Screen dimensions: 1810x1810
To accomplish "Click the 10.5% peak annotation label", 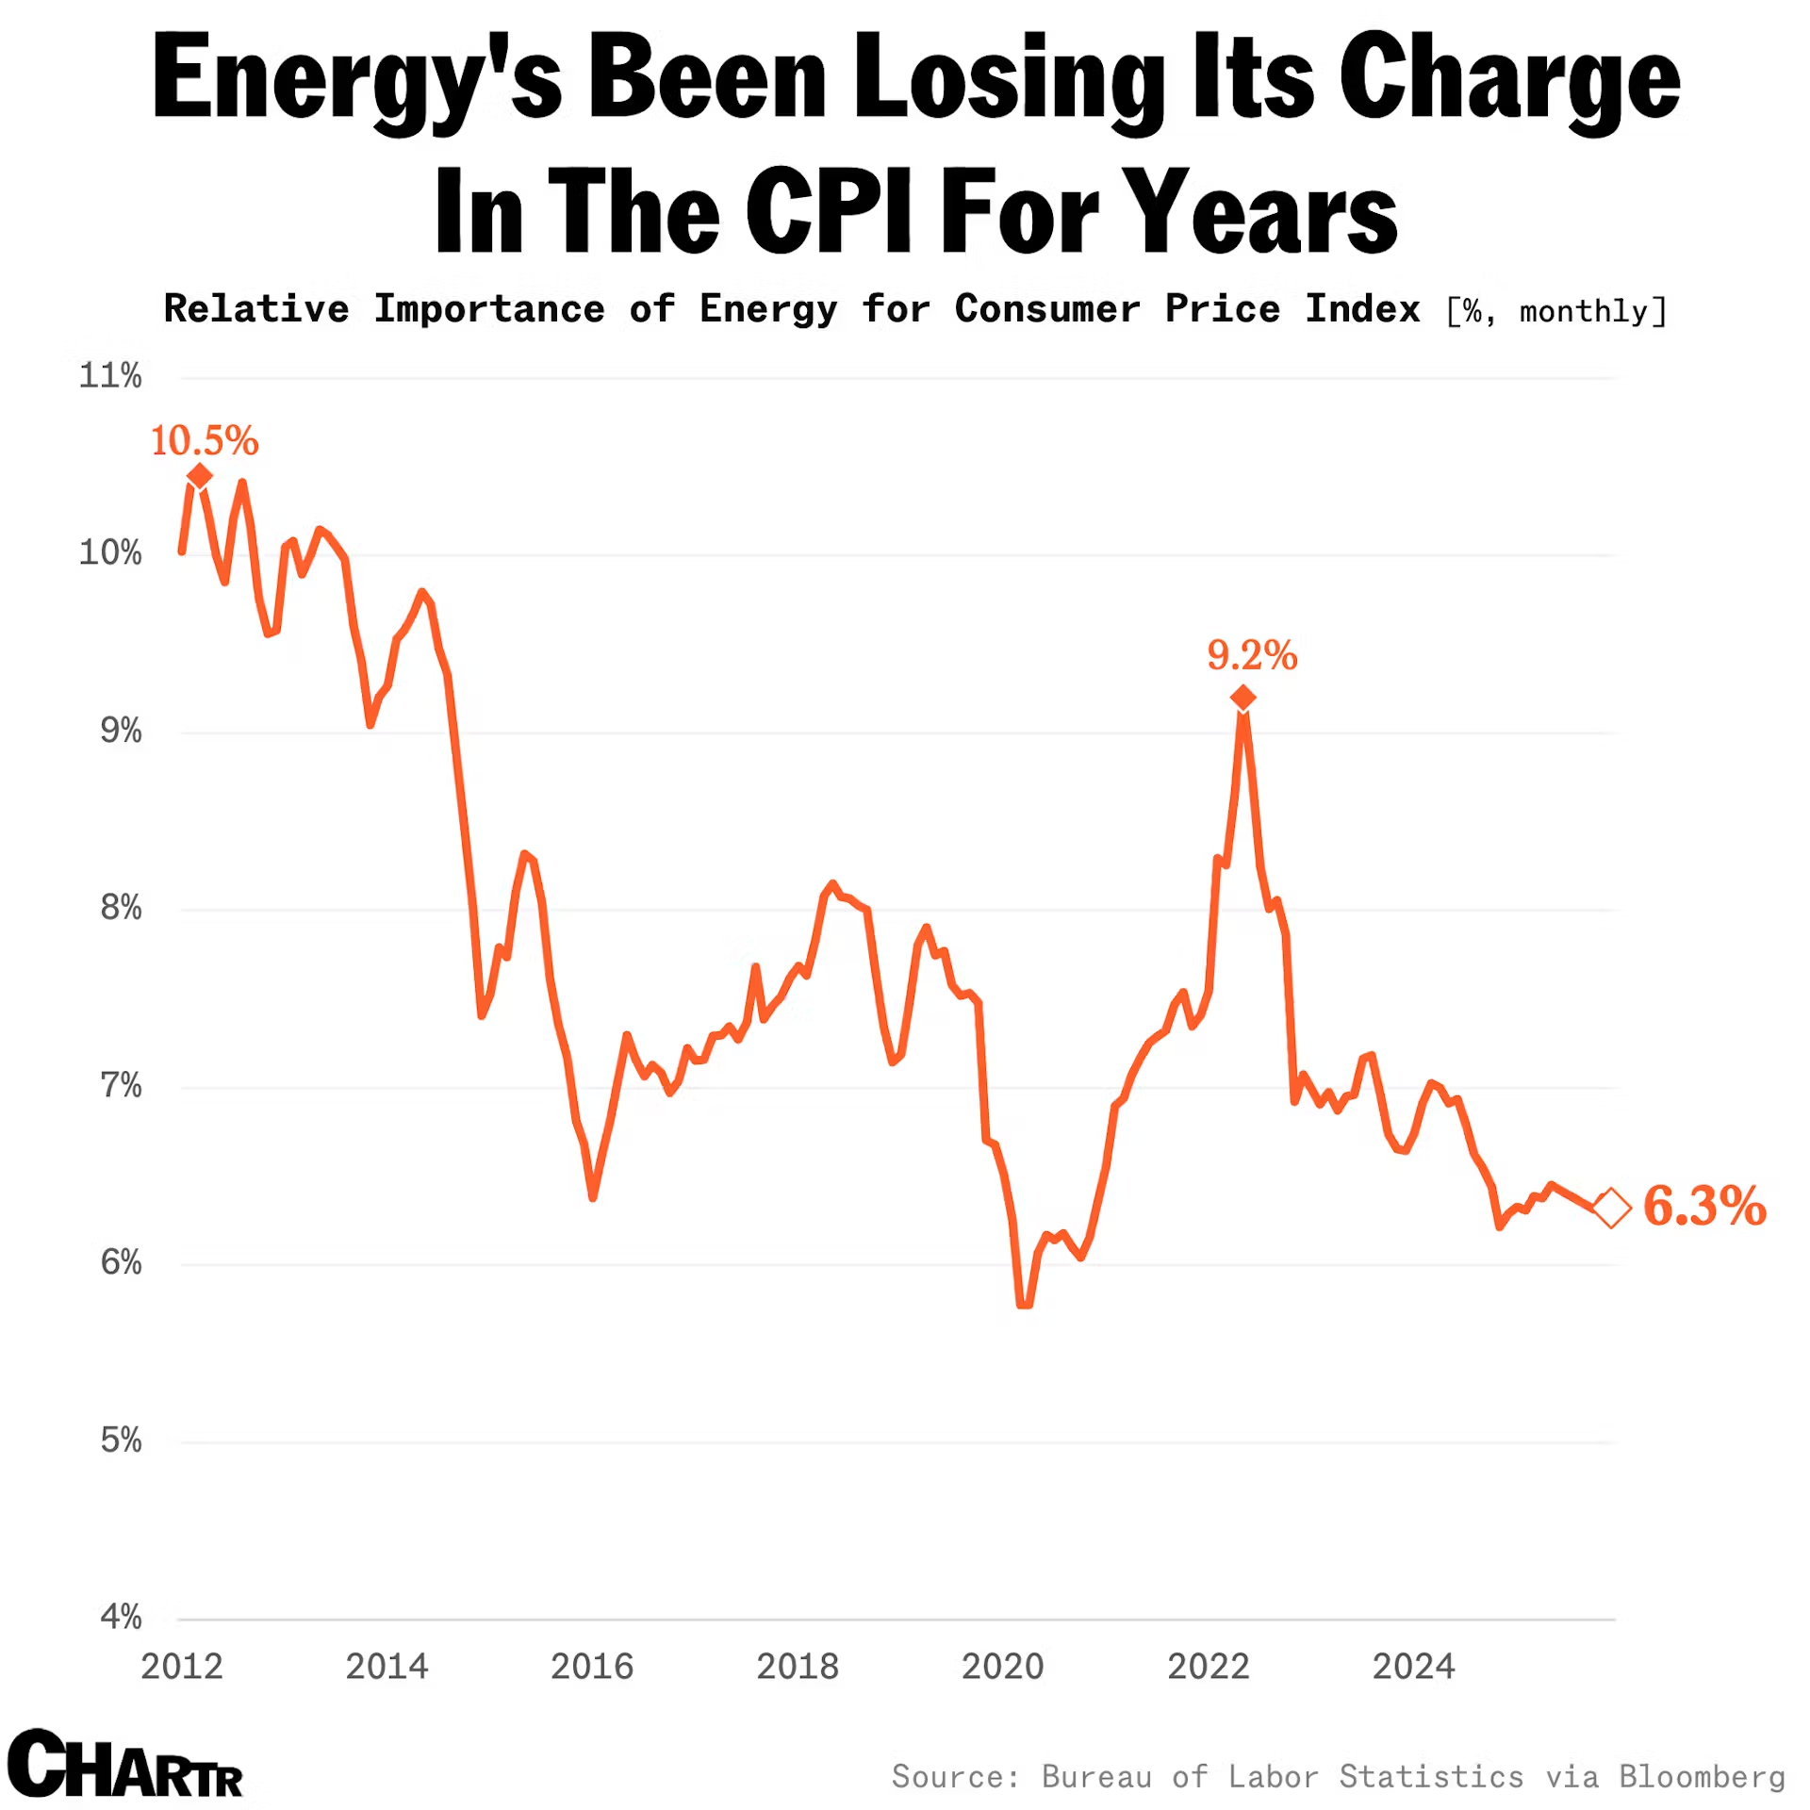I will coord(205,440).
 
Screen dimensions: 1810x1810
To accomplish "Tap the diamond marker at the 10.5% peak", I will coord(199,476).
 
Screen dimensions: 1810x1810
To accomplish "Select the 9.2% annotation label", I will coord(1252,654).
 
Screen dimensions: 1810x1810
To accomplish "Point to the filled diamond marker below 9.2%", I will coord(1242,698).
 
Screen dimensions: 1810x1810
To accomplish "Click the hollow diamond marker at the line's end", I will coord(1611,1208).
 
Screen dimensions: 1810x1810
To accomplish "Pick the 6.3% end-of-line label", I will coord(1704,1206).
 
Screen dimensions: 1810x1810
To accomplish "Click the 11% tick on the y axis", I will coord(110,376).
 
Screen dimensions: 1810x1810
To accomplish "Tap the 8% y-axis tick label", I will coord(121,908).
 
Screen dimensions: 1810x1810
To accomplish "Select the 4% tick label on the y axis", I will coord(121,1618).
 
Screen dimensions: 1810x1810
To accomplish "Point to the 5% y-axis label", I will coord(121,1440).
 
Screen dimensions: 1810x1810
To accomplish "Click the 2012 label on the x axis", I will coord(182,1667).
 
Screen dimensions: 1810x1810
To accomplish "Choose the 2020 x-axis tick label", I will coord(1003,1667).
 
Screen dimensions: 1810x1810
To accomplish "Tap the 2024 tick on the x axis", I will coord(1413,1667).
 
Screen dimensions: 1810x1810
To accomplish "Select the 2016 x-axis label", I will coord(592,1667).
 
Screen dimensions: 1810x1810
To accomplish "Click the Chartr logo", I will coord(125,1765).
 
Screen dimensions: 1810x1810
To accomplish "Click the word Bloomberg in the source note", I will coord(1702,1777).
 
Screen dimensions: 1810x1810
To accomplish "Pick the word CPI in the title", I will coord(830,211).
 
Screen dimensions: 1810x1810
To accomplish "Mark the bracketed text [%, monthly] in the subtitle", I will coord(1556,311).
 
